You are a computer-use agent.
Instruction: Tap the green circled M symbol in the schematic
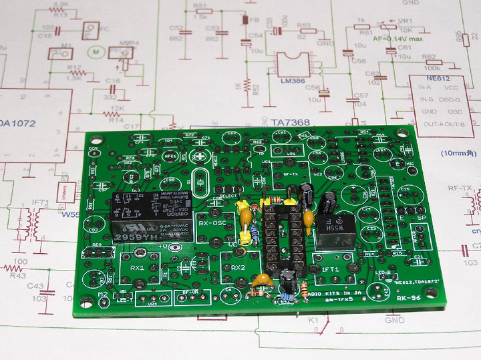tap(95, 51)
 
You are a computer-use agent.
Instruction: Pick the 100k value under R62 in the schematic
tap(432, 68)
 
